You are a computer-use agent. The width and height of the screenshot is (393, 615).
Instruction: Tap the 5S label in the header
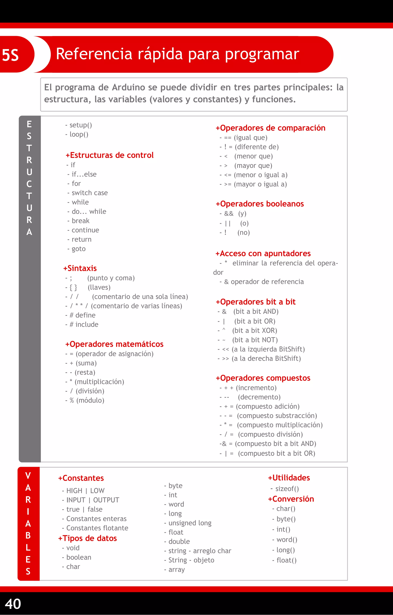tap(11, 55)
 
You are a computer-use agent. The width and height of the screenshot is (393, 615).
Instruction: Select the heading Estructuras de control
tap(110, 155)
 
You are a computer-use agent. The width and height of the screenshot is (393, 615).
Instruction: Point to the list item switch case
tap(89, 193)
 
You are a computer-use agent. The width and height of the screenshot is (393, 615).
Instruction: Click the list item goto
tap(78, 249)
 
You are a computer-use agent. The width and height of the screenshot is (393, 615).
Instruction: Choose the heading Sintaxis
tap(80, 268)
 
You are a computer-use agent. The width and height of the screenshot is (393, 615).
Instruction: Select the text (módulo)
tap(90, 400)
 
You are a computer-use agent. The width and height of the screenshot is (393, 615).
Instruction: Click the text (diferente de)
tap(257, 147)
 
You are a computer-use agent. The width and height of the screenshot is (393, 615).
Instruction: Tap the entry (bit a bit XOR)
tap(255, 330)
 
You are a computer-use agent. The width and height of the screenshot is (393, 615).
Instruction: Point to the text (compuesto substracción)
tap(277, 416)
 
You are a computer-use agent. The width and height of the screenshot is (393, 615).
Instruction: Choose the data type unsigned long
tap(190, 523)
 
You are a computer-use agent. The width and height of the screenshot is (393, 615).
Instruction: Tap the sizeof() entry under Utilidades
tap(287, 489)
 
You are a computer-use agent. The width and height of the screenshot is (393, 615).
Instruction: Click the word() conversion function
tap(287, 540)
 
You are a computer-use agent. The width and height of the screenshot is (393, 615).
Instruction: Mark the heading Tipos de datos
tap(87, 538)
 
